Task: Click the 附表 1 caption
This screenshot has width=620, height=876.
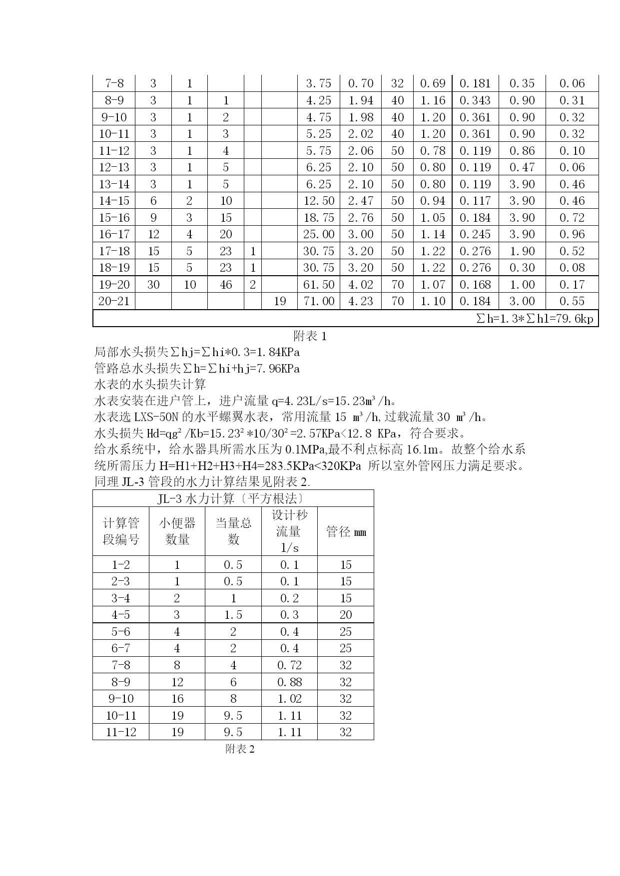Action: (310, 336)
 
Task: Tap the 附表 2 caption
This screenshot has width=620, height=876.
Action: (240, 749)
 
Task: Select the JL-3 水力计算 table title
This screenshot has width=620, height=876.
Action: (233, 498)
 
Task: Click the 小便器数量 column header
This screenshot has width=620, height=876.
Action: (177, 531)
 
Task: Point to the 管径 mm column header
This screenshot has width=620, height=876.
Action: (346, 531)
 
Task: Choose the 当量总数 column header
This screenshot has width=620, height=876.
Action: (233, 531)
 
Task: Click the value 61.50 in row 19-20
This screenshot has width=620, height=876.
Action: (319, 285)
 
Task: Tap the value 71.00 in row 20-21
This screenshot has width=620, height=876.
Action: (319, 301)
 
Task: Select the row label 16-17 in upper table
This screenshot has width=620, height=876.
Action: (114, 234)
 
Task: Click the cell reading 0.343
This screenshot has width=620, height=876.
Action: (475, 100)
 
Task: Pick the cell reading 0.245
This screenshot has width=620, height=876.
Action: (475, 234)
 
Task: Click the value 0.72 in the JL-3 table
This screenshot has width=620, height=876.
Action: (289, 665)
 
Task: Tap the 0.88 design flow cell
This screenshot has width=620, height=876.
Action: (289, 682)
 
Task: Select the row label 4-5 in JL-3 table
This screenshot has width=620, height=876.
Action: (120, 615)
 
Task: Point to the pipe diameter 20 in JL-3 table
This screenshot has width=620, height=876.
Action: (346, 615)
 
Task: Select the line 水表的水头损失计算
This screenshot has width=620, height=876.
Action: (150, 385)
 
